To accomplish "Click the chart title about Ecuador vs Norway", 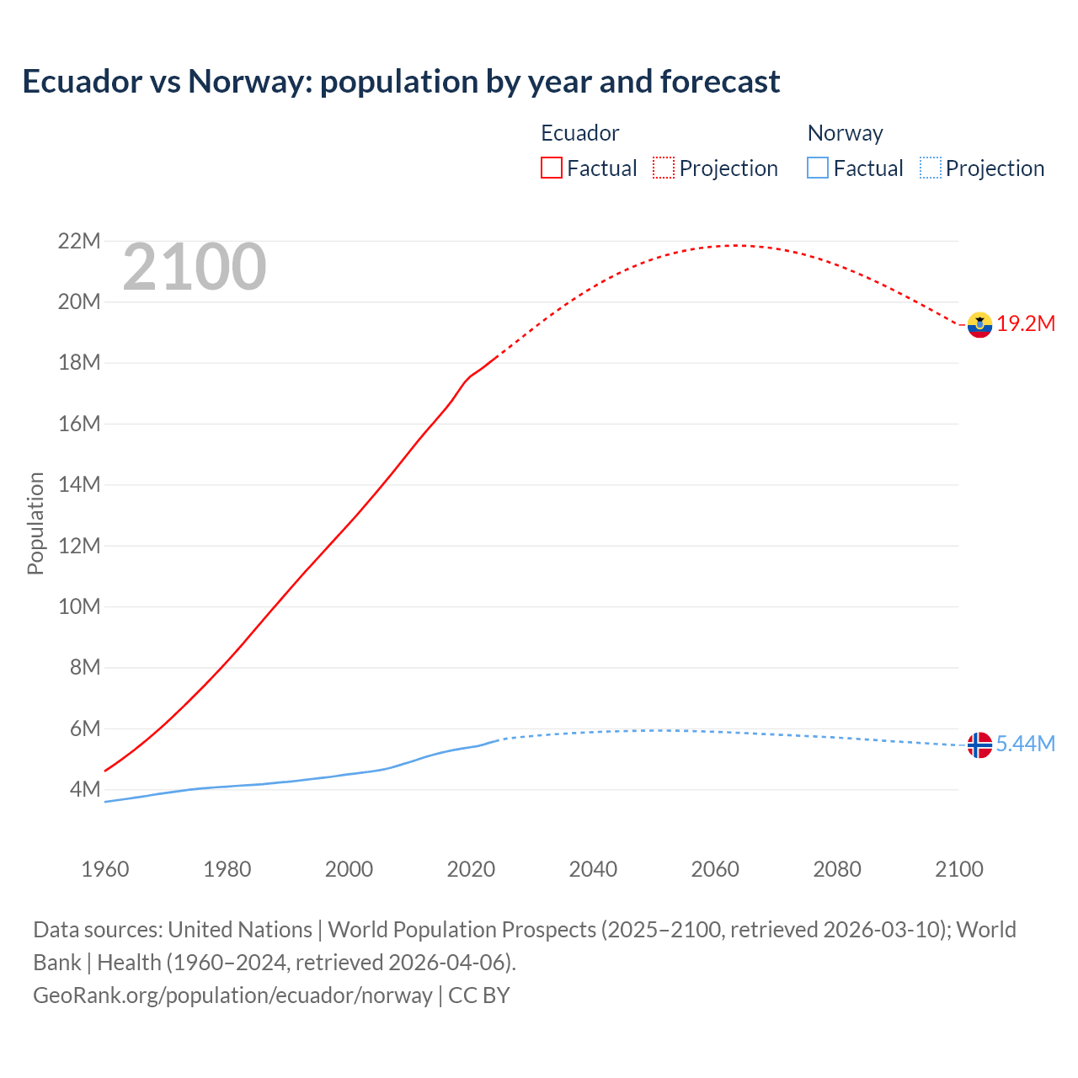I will [x=401, y=82].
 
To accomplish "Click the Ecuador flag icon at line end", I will [x=979, y=324].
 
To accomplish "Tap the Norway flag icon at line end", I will [x=979, y=744].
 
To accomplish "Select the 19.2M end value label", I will [x=1026, y=324].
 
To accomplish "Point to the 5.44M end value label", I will [x=1026, y=744].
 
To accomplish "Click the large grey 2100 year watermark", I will [x=195, y=268].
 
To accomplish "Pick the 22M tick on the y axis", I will [x=79, y=242].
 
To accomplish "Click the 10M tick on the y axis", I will [x=79, y=606].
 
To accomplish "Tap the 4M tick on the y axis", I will [x=85, y=790].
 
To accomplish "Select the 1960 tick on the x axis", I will [x=105, y=869].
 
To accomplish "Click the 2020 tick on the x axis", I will [x=471, y=869].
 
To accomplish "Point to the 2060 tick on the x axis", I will [x=715, y=869].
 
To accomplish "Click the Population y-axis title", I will [x=35, y=523].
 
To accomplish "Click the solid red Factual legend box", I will [x=552, y=168].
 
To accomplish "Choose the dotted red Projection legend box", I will [x=664, y=168].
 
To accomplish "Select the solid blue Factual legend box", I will [x=818, y=168].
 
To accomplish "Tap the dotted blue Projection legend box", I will [x=931, y=168].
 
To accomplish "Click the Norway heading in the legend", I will [x=845, y=133].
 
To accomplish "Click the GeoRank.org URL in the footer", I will [x=232, y=995].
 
